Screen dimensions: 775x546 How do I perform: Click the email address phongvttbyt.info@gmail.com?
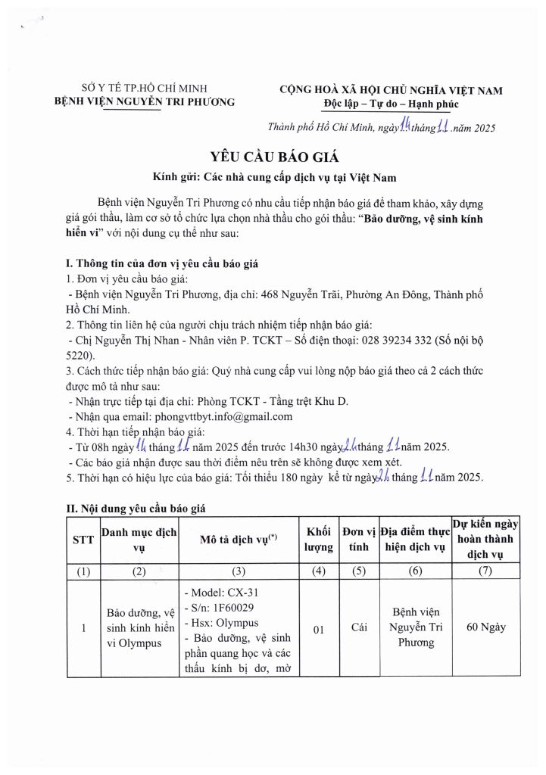click(223, 416)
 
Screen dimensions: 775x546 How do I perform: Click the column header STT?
click(83, 539)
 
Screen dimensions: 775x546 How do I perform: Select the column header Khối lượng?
click(319, 538)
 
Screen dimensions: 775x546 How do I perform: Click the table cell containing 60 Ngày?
click(486, 627)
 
